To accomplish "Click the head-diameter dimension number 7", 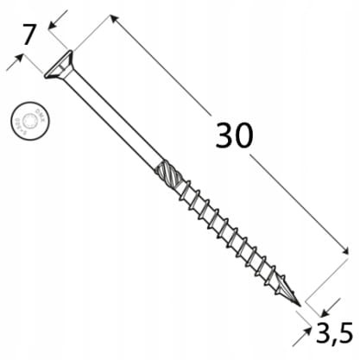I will pos(28,35).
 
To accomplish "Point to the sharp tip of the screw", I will pos(300,305).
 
